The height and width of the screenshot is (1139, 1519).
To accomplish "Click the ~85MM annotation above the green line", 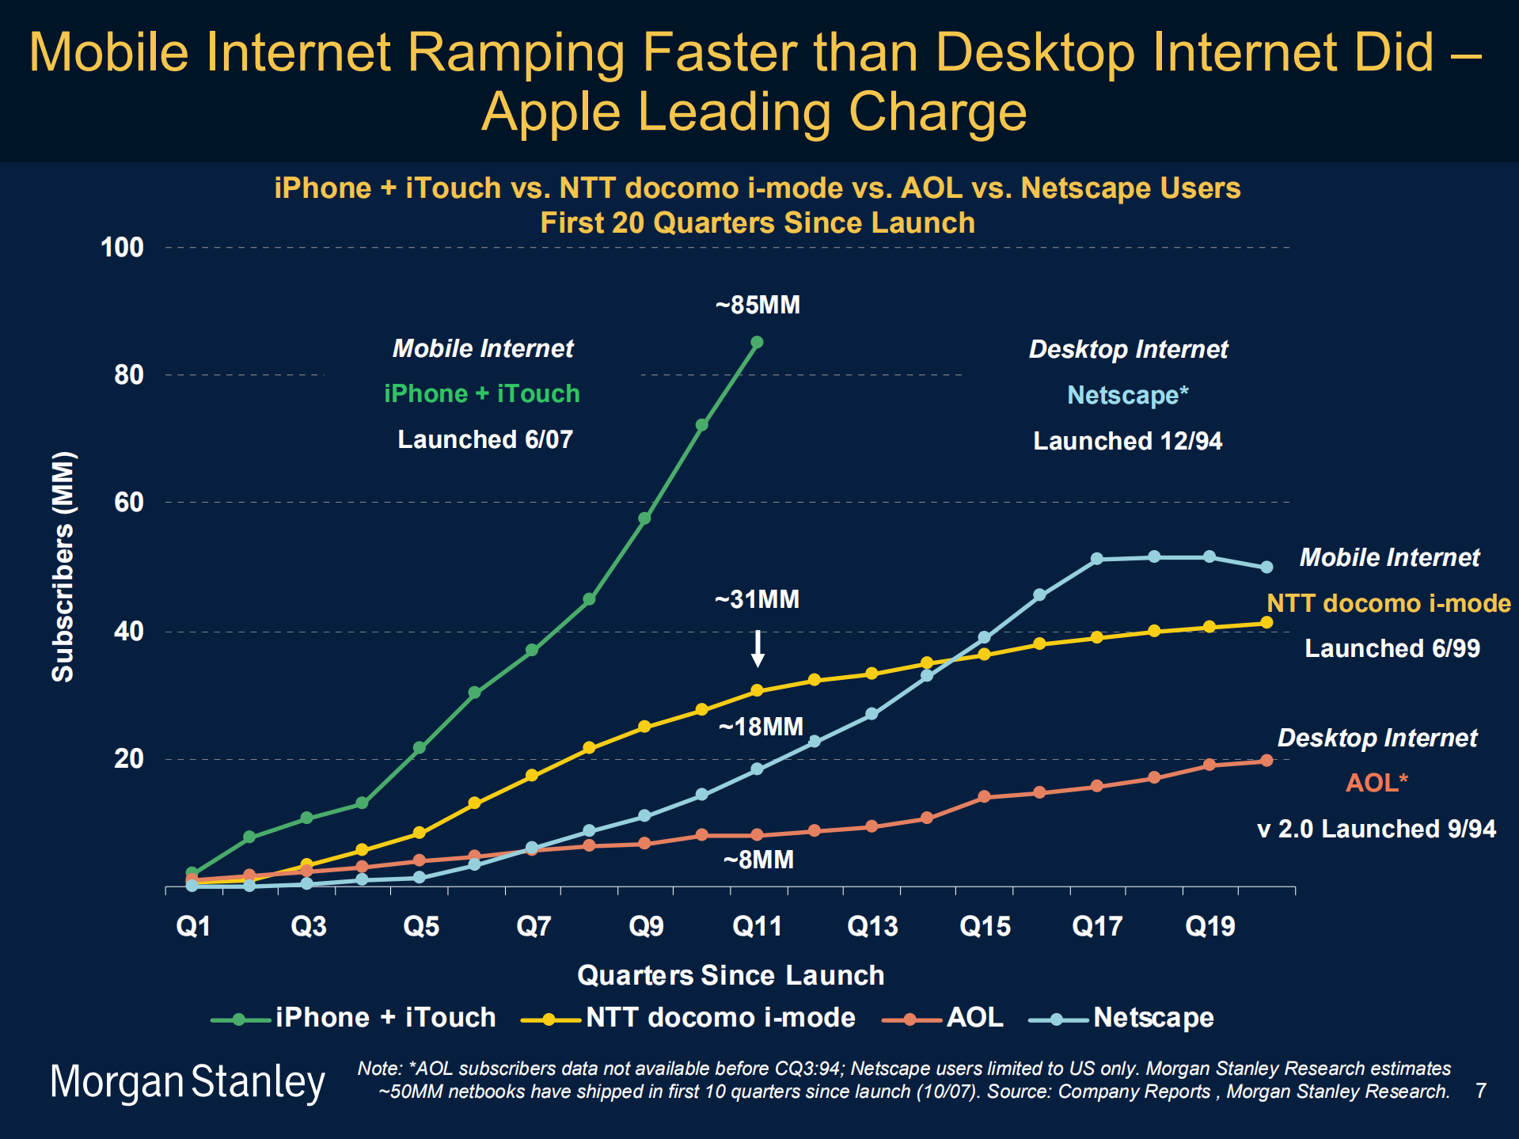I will click(758, 305).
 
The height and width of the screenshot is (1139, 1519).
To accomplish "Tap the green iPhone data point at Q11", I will click(757, 343).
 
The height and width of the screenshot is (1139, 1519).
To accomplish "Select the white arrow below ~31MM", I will click(758, 648).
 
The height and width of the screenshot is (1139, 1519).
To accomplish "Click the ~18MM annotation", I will click(761, 727).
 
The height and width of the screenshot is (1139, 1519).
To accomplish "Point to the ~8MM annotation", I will click(758, 860).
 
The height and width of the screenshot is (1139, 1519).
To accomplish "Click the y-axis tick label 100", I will click(122, 248).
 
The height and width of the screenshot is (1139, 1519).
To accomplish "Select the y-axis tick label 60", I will click(128, 502).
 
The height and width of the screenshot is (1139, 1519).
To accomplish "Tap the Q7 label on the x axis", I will click(534, 926).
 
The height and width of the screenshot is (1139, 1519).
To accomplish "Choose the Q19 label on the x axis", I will click(1210, 926).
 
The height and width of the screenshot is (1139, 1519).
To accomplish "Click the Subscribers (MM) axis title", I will click(63, 566).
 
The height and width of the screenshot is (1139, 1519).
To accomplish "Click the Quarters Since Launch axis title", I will click(730, 975).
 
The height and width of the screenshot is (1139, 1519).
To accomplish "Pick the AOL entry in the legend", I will click(974, 1018).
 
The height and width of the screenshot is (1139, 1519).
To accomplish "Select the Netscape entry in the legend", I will click(1153, 1018).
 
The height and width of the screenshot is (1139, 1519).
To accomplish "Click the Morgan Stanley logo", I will click(188, 1082).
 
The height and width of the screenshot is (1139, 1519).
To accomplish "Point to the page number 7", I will click(1480, 1092).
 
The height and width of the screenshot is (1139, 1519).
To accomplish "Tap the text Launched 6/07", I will click(484, 439).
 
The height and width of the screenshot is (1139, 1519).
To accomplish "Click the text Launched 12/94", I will click(1127, 441).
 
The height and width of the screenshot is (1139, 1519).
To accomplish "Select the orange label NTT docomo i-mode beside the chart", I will click(1388, 603).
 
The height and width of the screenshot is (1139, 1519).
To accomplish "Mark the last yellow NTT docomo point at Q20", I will click(1266, 623).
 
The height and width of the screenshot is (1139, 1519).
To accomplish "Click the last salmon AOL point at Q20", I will click(1266, 761).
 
